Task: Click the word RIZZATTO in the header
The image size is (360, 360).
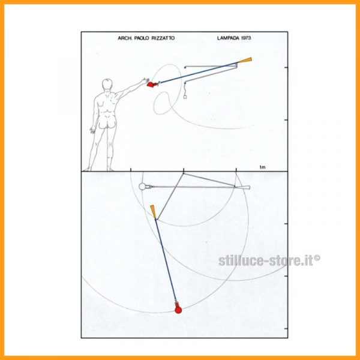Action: click(163, 38)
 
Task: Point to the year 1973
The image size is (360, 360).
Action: click(246, 38)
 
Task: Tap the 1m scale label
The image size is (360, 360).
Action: click(262, 167)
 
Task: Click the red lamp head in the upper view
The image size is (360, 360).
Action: click(152, 84)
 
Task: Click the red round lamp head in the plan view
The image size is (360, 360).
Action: click(178, 310)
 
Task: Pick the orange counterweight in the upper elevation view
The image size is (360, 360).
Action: click(245, 60)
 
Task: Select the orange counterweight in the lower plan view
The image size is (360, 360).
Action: click(154, 212)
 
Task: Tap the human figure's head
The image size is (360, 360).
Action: click(107, 84)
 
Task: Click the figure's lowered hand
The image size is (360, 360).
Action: click(93, 130)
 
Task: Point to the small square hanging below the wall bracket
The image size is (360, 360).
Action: click(185, 97)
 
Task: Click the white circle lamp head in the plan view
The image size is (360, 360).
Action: click(142, 187)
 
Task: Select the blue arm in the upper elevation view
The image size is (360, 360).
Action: click(199, 73)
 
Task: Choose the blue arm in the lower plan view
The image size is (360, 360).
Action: click(166, 259)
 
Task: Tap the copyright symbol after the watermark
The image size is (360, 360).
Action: click(317, 257)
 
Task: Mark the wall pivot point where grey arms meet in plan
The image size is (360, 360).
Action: click(184, 173)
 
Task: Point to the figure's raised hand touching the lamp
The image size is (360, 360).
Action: click(145, 80)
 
